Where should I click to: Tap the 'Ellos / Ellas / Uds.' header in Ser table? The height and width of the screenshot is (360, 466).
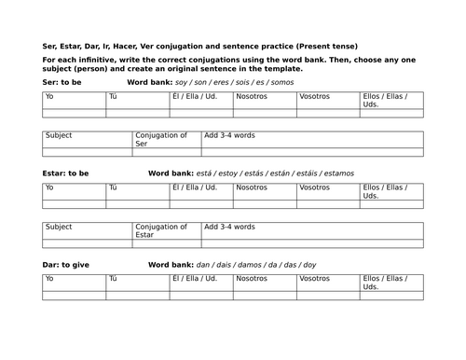[385, 96]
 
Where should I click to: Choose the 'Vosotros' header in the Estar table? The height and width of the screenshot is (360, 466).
[315, 187]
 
